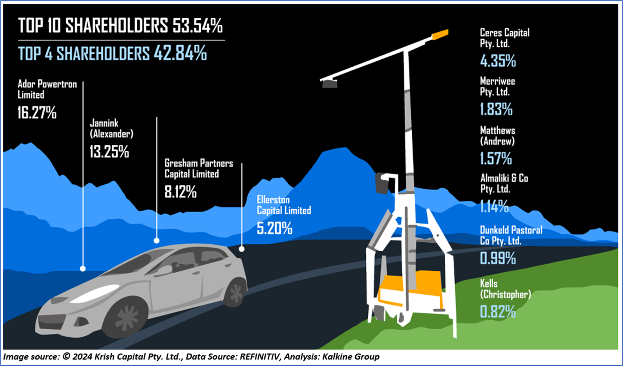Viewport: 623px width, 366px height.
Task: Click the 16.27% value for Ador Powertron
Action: (x=37, y=113)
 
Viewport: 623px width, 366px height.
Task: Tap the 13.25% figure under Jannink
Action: (x=109, y=152)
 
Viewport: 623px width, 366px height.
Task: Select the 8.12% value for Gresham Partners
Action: (x=181, y=192)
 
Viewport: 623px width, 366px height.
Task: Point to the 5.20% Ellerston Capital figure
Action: (x=274, y=228)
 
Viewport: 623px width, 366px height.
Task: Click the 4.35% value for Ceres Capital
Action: (x=498, y=61)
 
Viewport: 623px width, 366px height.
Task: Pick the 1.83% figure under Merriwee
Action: (x=496, y=110)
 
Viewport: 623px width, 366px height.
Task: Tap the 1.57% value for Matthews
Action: (x=496, y=159)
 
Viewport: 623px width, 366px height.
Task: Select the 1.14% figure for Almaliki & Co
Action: (x=494, y=207)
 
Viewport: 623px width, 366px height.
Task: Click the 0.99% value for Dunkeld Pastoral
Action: (x=498, y=258)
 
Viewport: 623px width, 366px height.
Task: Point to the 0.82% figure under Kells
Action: (x=498, y=312)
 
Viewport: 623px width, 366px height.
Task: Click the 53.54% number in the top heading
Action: (x=197, y=26)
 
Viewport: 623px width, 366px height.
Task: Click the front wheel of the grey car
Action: (x=126, y=318)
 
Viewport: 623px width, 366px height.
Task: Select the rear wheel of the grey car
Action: (x=235, y=292)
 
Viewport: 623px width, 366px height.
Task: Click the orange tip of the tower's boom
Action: (x=440, y=34)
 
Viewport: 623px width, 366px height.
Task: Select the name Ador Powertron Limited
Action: (x=47, y=89)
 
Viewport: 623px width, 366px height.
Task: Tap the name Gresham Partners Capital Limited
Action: (x=198, y=168)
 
